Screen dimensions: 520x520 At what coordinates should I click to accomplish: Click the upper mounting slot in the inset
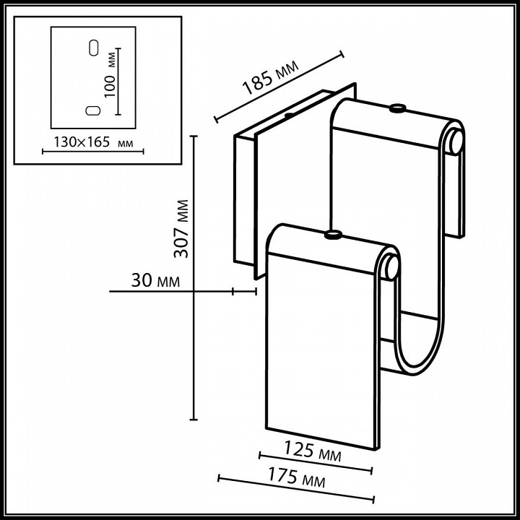click(x=92, y=48)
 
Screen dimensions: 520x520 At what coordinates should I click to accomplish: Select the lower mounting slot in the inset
click(x=92, y=110)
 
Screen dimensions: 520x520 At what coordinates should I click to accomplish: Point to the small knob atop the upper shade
click(x=396, y=109)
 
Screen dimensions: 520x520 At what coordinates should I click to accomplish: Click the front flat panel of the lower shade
click(x=321, y=347)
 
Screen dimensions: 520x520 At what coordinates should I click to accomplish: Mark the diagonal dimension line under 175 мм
click(x=296, y=489)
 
